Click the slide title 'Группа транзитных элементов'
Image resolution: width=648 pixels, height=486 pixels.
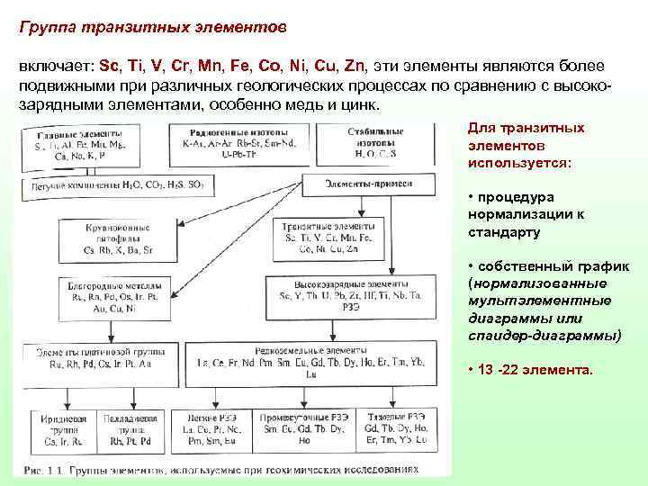pyautogui.click(x=152, y=26)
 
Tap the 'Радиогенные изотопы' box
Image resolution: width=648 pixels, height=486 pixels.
pyautogui.click(x=227, y=143)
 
